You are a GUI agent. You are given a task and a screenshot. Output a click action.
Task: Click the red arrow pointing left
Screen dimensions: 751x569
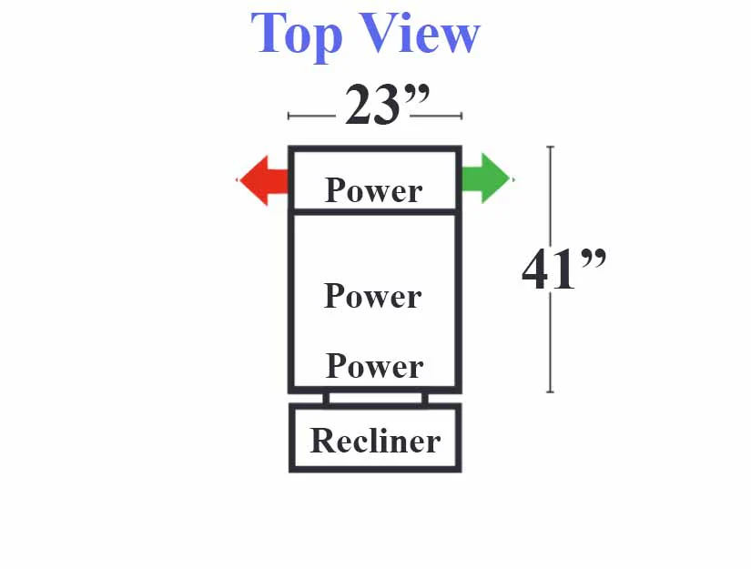263,180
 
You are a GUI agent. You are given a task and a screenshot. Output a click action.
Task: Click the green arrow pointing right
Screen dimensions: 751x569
486,178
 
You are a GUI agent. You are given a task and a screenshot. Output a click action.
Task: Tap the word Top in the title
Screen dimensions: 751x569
297,35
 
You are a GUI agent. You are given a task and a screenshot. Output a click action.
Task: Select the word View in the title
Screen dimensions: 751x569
419,33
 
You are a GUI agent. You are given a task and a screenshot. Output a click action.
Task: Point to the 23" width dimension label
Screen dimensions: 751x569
387,105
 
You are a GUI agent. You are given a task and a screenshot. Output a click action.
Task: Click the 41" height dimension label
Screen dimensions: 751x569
563,269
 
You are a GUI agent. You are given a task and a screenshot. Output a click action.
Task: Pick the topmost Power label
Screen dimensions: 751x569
373,190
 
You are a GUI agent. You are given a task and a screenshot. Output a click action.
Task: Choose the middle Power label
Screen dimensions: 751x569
373,296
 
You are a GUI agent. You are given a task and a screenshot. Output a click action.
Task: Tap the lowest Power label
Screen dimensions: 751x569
374,366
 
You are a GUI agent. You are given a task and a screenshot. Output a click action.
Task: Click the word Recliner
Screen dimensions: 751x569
375,441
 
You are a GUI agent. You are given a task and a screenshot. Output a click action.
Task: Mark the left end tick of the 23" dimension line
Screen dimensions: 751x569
289,116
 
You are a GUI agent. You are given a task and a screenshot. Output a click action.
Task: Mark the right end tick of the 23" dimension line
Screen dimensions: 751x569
462,116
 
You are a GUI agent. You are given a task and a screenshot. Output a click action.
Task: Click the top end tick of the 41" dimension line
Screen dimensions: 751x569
551,147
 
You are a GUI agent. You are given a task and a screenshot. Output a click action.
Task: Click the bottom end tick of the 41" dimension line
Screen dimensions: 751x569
551,391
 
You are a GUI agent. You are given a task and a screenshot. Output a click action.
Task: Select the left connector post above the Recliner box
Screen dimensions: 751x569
326,399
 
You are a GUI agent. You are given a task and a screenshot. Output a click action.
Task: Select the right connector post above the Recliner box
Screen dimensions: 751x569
425,399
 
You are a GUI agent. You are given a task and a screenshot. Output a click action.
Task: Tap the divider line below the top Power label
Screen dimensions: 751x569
374,211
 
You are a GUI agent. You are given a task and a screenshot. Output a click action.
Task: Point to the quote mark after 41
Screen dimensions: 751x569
594,258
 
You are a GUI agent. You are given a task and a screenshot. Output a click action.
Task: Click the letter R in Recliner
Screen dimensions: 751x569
323,440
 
